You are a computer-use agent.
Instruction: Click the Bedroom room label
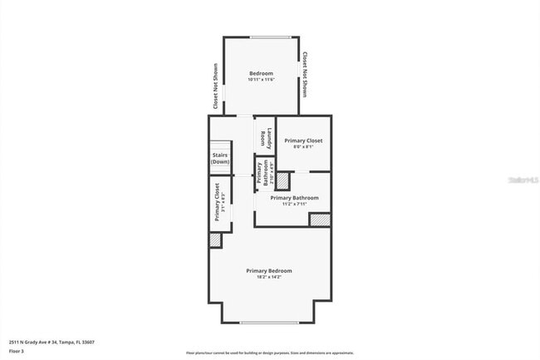click(x=261, y=73)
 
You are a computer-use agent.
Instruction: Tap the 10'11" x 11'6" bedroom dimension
click(x=261, y=80)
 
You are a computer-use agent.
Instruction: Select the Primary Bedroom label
click(x=268, y=270)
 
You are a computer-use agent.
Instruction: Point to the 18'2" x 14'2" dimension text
click(x=268, y=277)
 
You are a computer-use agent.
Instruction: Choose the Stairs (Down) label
click(x=219, y=158)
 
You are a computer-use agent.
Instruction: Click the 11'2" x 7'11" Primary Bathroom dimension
click(x=294, y=204)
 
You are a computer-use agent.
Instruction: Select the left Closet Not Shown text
click(x=216, y=87)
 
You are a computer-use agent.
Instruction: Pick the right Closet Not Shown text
click(x=305, y=76)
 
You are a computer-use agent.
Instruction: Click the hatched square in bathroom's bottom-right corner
click(x=320, y=219)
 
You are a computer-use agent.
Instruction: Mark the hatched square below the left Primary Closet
click(x=215, y=239)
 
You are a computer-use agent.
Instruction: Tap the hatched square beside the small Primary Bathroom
click(x=282, y=181)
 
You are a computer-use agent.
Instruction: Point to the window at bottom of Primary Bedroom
click(x=268, y=323)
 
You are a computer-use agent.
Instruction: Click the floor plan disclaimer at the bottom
click(x=269, y=353)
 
